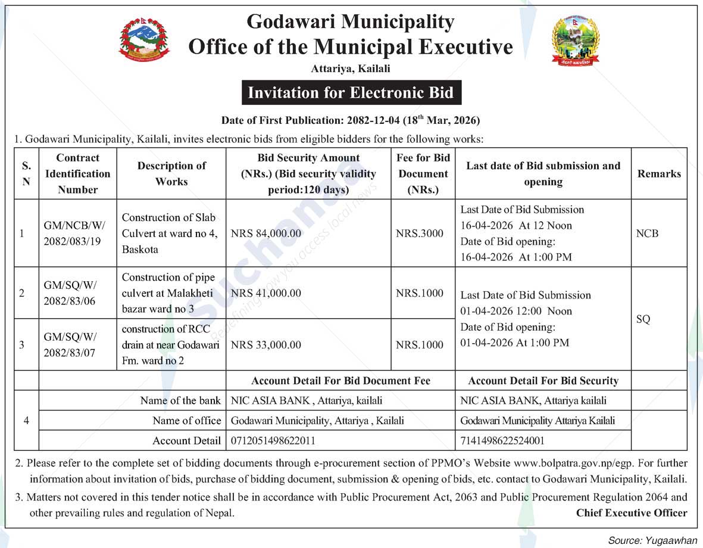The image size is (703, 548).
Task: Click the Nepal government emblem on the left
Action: (x=144, y=40)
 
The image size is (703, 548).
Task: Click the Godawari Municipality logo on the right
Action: (x=575, y=40)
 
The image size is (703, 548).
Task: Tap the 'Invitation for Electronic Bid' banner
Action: (x=351, y=93)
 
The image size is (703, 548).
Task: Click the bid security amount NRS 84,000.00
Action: (x=265, y=233)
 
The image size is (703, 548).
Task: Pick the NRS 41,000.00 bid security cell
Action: (x=265, y=293)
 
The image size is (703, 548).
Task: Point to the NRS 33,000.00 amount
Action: (x=265, y=345)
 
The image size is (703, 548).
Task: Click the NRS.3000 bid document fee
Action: (x=420, y=233)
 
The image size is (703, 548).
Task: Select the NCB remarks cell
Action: (x=647, y=233)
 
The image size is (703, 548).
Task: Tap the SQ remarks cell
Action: (x=643, y=319)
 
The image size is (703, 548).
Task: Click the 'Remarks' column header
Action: (x=659, y=174)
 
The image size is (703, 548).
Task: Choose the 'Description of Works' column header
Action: (x=171, y=174)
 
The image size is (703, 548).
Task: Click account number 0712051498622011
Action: (x=273, y=441)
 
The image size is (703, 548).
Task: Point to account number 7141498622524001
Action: (x=502, y=441)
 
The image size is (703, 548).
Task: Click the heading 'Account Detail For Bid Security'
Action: (x=543, y=381)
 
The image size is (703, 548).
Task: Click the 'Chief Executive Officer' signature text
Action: (x=631, y=513)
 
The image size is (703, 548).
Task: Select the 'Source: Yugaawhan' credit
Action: (x=652, y=540)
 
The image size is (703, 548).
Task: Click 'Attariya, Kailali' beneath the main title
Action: (x=351, y=69)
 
